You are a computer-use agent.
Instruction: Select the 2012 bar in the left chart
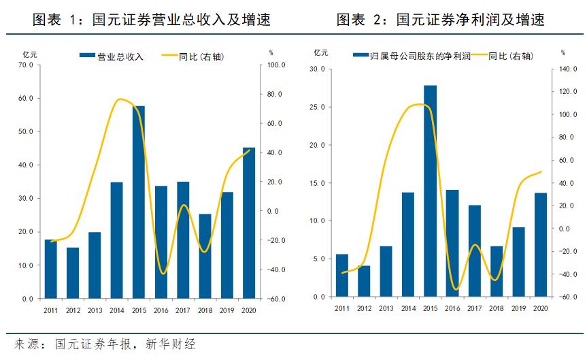pyautogui.click(x=73, y=273)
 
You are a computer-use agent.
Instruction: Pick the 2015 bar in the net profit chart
pyautogui.click(x=430, y=191)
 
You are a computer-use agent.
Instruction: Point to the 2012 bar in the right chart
pyautogui.click(x=364, y=281)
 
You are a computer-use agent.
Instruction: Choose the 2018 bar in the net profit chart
pyautogui.click(x=496, y=272)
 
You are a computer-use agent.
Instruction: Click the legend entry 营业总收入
pyautogui.click(x=112, y=56)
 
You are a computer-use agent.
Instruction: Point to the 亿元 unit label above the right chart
pyautogui.click(x=321, y=52)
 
